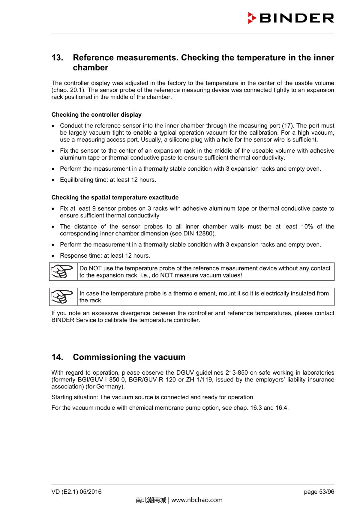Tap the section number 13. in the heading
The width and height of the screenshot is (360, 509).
click(x=57, y=58)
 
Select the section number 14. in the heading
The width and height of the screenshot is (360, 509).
click(x=57, y=357)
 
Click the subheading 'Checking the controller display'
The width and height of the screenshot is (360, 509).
click(x=96, y=115)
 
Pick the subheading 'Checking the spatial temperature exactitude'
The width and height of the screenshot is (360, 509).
click(x=115, y=197)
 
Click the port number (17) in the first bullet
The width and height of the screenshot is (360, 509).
click(x=288, y=126)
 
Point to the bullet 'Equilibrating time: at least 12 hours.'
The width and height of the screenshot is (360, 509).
click(x=108, y=180)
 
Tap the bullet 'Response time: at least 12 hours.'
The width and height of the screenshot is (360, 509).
click(x=105, y=256)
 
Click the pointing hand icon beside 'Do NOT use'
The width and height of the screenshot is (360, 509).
click(x=62, y=271)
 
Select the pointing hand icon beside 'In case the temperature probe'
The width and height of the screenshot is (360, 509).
click(x=62, y=297)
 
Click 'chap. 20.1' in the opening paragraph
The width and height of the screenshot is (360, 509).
click(x=67, y=90)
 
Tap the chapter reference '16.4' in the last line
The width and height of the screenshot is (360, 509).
click(x=281, y=408)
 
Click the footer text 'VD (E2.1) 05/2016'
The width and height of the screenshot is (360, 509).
click(x=76, y=492)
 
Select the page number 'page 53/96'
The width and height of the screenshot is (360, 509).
click(x=319, y=492)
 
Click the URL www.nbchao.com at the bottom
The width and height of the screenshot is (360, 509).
click(x=197, y=500)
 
